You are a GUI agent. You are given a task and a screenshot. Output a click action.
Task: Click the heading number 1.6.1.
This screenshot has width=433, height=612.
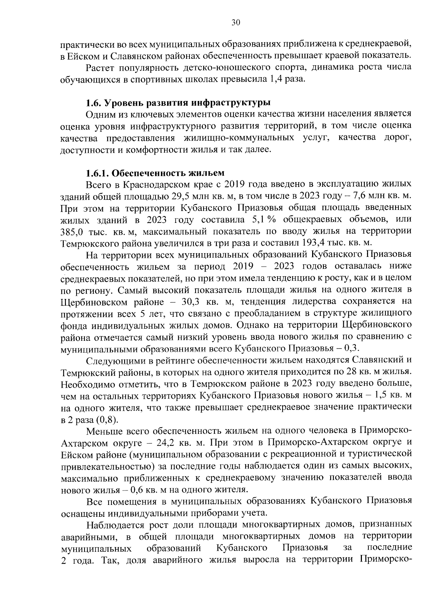coord(98,173)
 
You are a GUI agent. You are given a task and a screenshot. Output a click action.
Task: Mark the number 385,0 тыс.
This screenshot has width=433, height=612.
coord(71,231)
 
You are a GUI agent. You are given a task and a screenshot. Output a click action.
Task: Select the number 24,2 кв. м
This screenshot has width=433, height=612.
coord(167,442)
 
